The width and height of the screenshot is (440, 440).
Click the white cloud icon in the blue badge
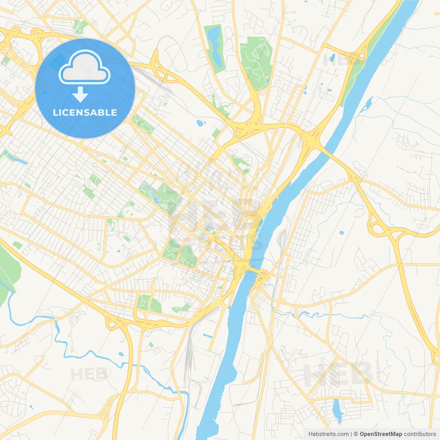(85, 68)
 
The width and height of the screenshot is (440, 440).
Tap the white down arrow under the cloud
(80, 94)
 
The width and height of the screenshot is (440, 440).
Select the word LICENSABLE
(85, 112)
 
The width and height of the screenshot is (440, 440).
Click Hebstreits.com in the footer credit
(328, 434)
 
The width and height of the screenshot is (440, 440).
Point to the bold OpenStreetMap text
(381, 434)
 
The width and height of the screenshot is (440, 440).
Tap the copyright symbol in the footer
(356, 434)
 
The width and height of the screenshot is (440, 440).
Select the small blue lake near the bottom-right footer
(337, 411)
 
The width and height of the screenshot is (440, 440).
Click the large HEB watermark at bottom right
(339, 374)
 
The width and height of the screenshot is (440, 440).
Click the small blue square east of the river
(341, 233)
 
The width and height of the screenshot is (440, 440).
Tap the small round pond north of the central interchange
(200, 122)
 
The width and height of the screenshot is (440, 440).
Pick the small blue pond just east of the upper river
(369, 101)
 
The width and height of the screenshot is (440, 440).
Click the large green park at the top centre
(256, 62)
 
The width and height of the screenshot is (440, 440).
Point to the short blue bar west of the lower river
(208, 335)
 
